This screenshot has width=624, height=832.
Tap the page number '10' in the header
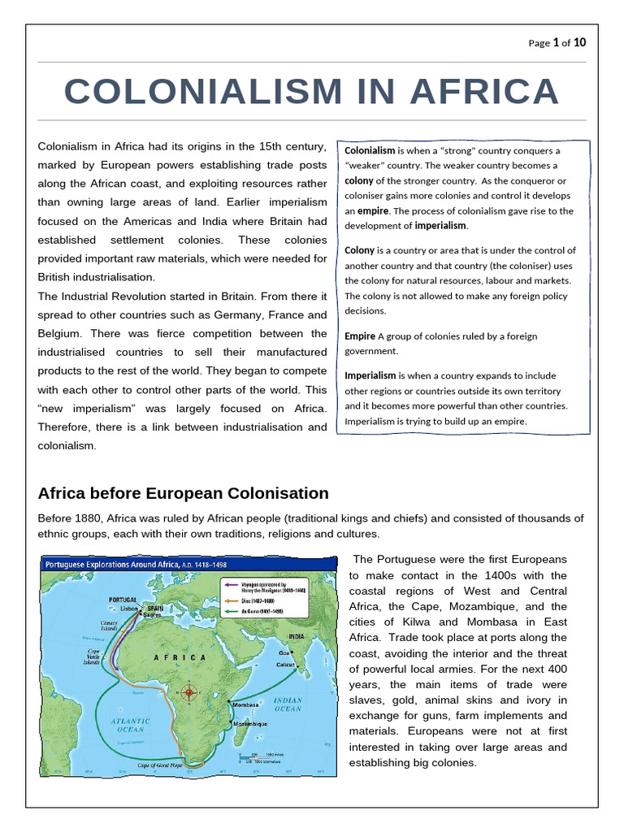point(579,42)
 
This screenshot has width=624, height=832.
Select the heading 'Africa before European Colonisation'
point(184,493)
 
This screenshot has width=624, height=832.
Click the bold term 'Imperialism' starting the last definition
point(370,375)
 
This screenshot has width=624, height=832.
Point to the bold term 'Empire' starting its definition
point(360,336)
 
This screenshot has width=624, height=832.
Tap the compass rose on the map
point(190,693)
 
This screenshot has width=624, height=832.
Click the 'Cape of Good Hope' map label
point(162,765)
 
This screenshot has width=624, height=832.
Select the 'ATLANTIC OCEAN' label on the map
point(129,725)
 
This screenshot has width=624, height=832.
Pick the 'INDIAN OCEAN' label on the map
point(288,704)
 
